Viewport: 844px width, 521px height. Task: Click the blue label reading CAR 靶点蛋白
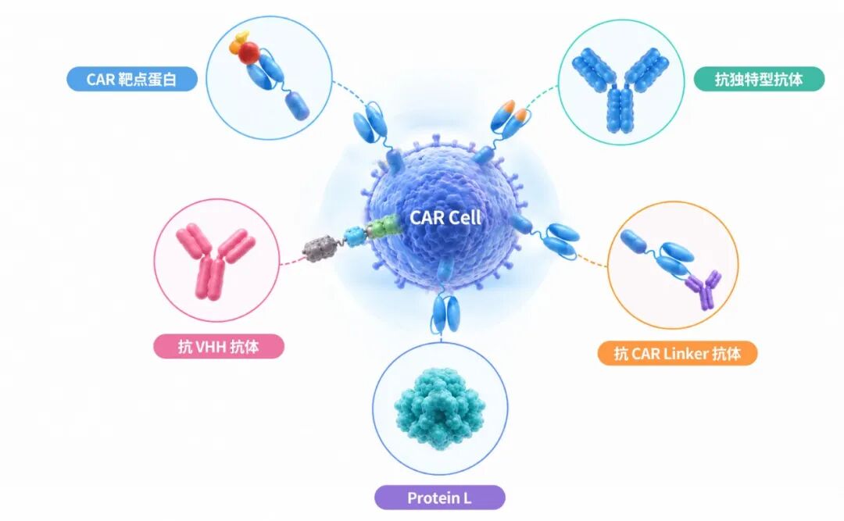click(x=132, y=79)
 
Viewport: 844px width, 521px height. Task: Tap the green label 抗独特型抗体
click(x=759, y=79)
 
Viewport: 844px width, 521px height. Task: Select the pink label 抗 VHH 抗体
click(x=219, y=346)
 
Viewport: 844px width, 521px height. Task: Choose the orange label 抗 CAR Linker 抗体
click(x=678, y=354)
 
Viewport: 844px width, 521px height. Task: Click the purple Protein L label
click(x=440, y=498)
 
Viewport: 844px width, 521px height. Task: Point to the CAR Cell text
click(x=445, y=217)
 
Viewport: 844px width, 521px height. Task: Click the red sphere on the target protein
click(x=249, y=52)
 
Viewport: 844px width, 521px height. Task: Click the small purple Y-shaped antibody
click(x=704, y=290)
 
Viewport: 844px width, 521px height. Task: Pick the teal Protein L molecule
click(x=440, y=408)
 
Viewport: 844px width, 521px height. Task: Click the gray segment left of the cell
click(x=321, y=248)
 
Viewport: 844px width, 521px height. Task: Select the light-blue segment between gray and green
click(x=356, y=237)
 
